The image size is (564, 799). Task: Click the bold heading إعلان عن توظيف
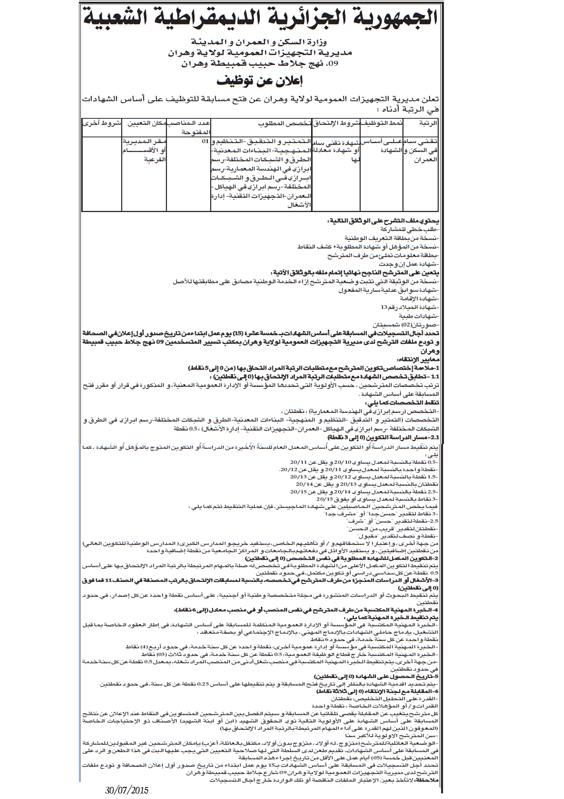click(260, 80)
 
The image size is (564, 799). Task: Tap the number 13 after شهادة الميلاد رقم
click(384, 307)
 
